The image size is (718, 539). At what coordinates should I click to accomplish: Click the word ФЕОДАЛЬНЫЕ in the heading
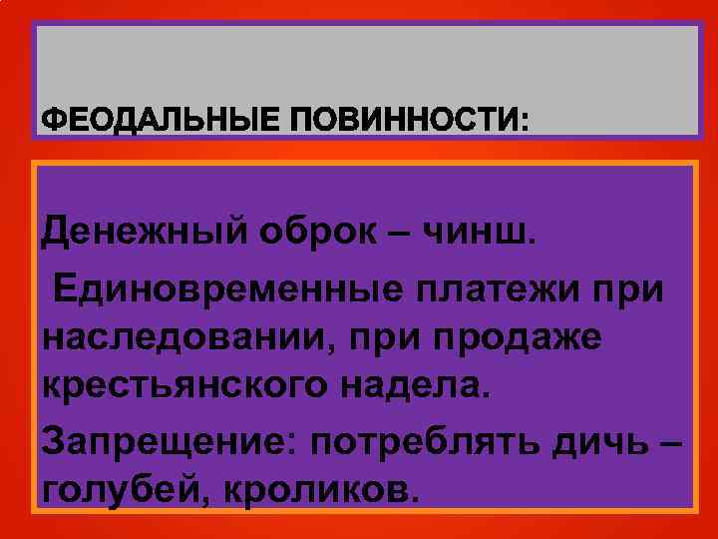[x=160, y=121]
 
